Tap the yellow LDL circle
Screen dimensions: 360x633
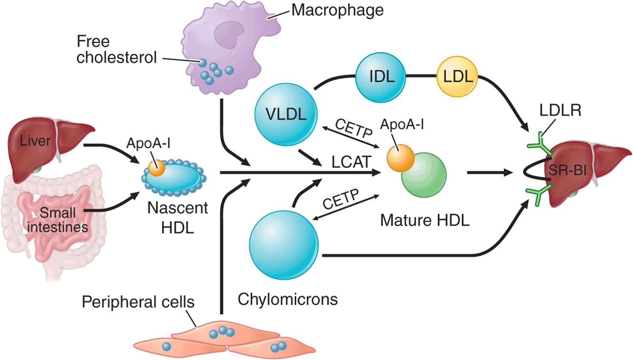coord(457,76)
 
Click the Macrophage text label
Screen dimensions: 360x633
coord(337,10)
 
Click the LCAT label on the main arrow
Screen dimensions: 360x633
coord(351,162)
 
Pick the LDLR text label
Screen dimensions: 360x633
coord(560,110)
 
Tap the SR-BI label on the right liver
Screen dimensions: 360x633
coord(567,171)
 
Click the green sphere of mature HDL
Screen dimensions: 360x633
coord(423,175)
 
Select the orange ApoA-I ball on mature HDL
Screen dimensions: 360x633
coord(400,158)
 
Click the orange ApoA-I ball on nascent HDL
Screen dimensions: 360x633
coord(156,168)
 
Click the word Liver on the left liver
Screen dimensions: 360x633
coord(35,141)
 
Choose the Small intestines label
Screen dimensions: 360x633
coord(58,220)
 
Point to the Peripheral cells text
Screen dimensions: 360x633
coord(138,302)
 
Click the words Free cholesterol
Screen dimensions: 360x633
coord(116,50)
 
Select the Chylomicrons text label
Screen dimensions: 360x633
coord(287,299)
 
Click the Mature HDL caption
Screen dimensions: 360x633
coord(424,220)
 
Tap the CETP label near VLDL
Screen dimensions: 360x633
coord(353,128)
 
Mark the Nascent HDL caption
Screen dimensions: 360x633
coord(177,218)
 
